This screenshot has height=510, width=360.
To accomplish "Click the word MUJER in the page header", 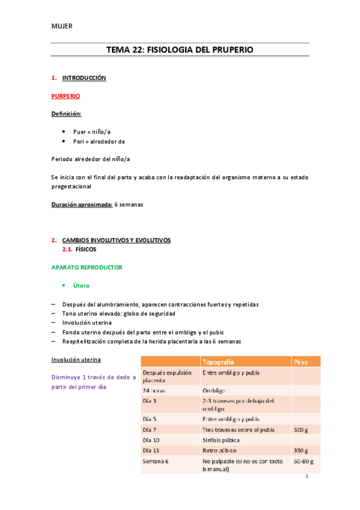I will click(61, 25).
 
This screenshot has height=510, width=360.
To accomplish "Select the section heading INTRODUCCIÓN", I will click(84, 78).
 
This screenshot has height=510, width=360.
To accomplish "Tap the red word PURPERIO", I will click(66, 96).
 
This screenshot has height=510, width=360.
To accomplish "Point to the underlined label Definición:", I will click(67, 114).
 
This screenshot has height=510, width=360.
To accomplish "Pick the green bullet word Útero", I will click(81, 285).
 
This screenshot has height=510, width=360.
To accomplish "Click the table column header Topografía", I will click(219, 362).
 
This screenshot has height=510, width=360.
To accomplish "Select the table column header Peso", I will click(301, 362).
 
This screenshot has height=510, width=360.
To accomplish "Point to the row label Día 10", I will click(151, 440).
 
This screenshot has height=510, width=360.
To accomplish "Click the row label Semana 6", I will click(156, 461).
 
